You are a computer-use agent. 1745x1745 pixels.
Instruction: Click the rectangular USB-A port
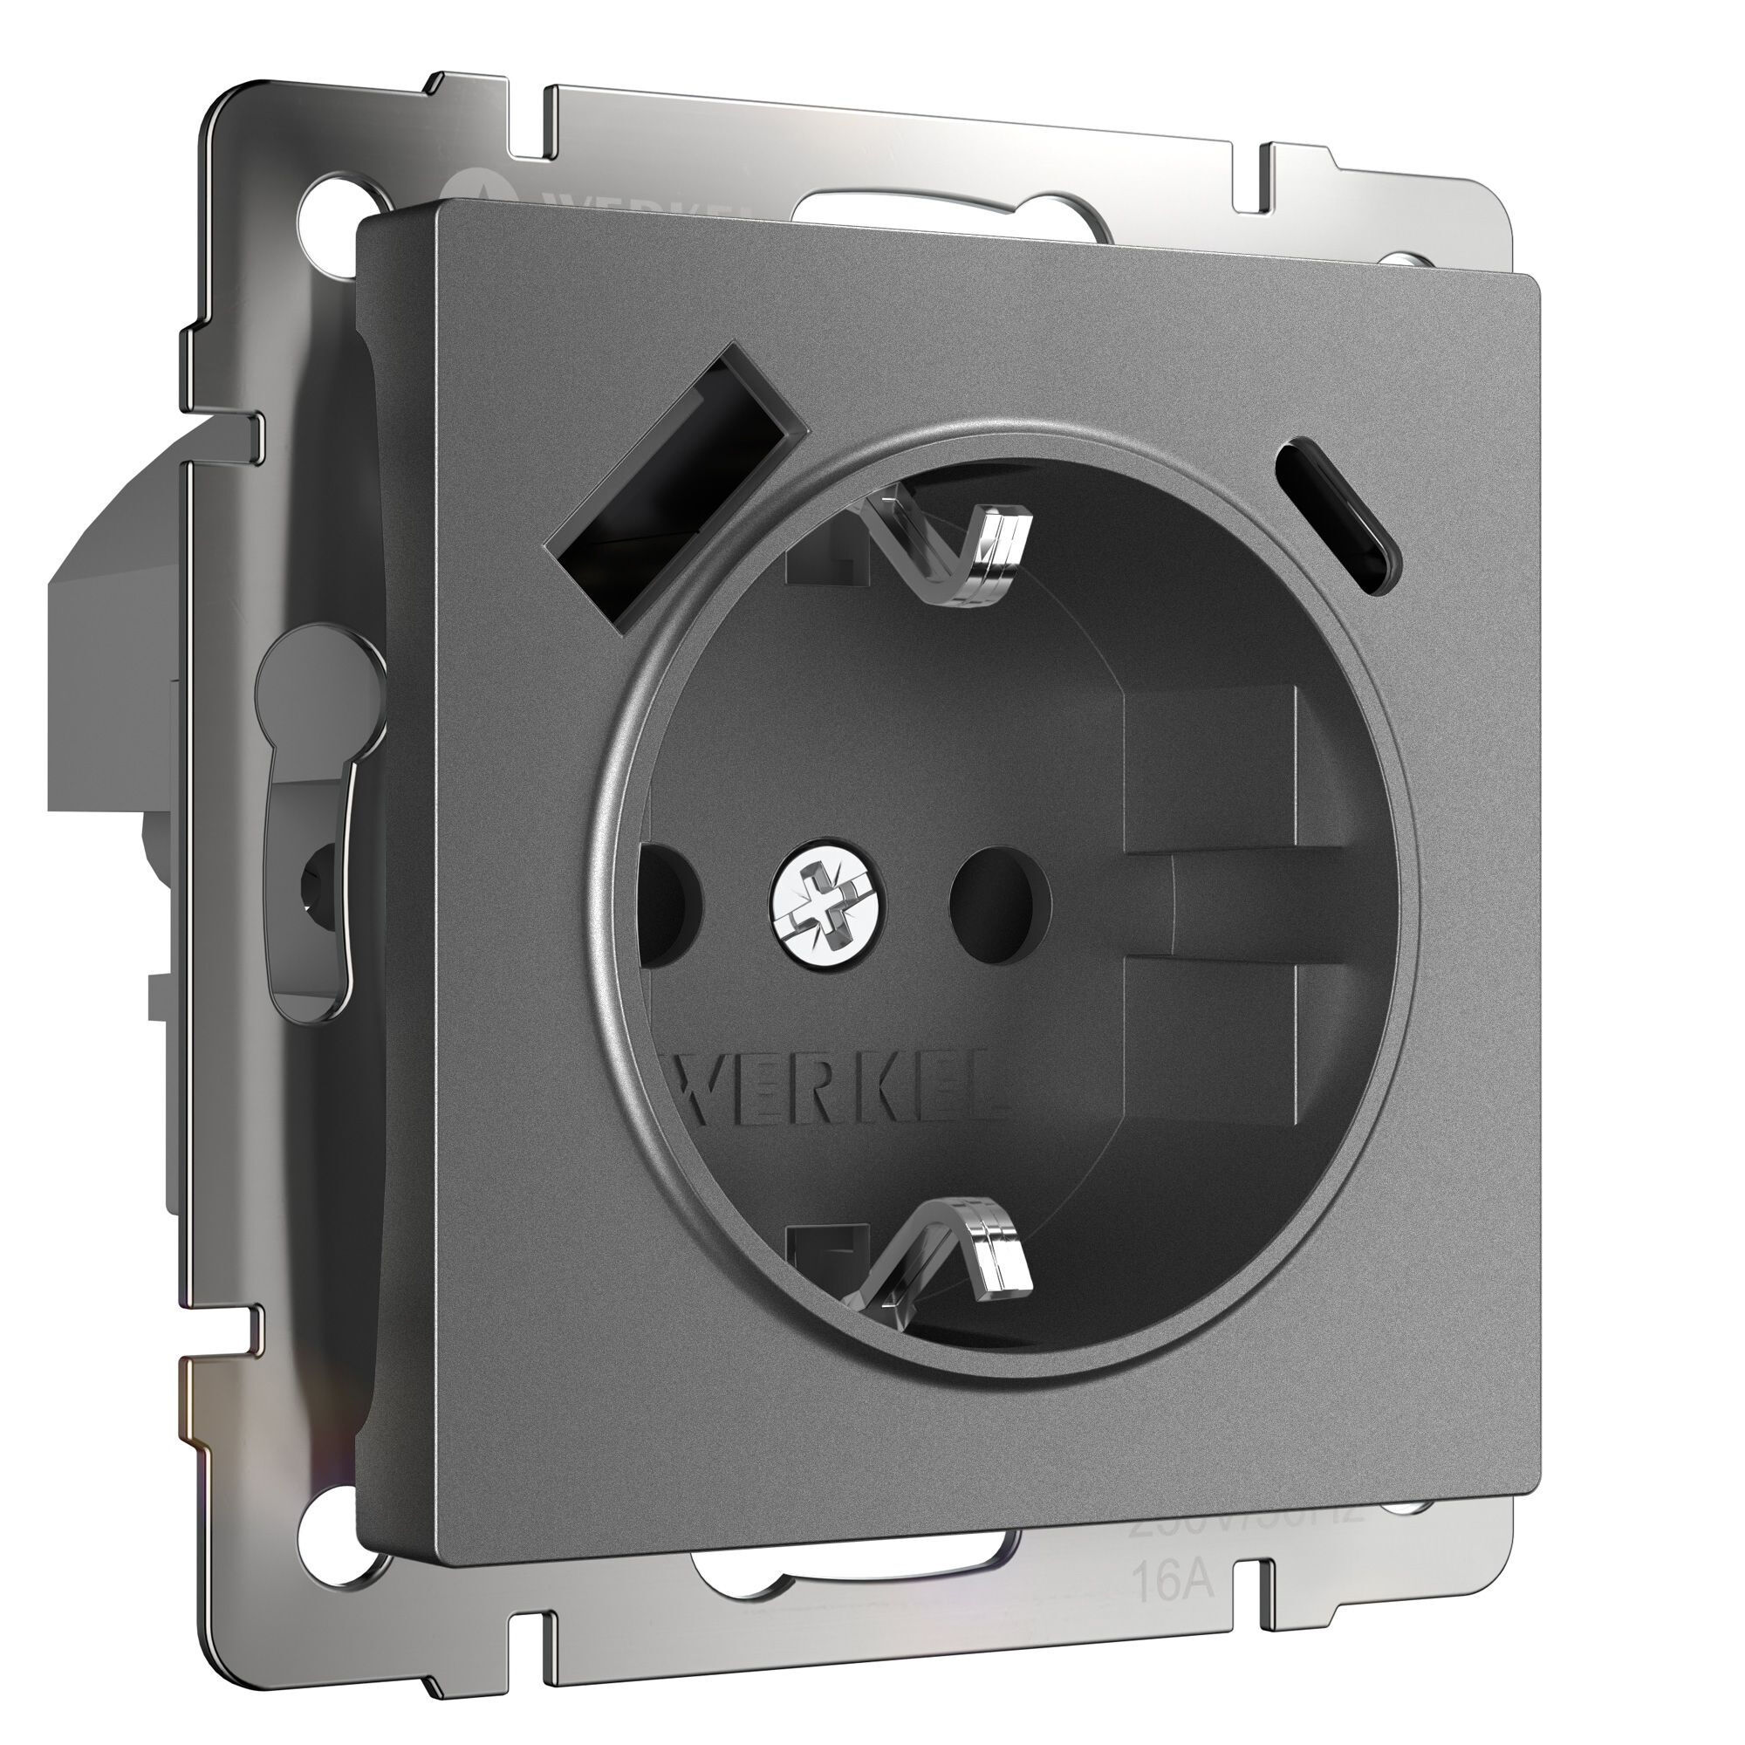[675, 486]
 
